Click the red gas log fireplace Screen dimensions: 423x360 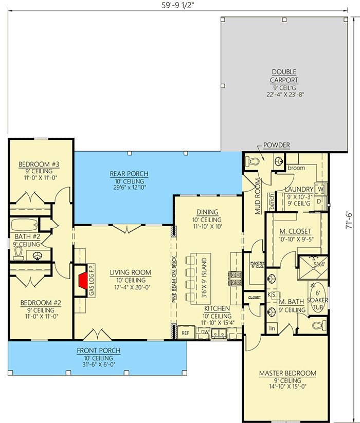[82, 281]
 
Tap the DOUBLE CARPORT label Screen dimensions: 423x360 [285, 76]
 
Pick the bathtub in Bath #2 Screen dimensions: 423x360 [25, 225]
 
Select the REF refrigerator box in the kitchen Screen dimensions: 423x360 [186, 333]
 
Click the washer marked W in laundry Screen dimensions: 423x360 [319, 189]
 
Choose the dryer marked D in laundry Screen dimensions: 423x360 [319, 200]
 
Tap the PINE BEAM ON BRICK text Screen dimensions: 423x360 [174, 281]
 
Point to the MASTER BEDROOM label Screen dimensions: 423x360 [287, 373]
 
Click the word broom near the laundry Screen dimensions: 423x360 [296, 168]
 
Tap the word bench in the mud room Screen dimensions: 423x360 [272, 204]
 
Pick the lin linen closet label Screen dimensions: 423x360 [272, 327]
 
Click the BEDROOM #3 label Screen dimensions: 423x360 [39, 164]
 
